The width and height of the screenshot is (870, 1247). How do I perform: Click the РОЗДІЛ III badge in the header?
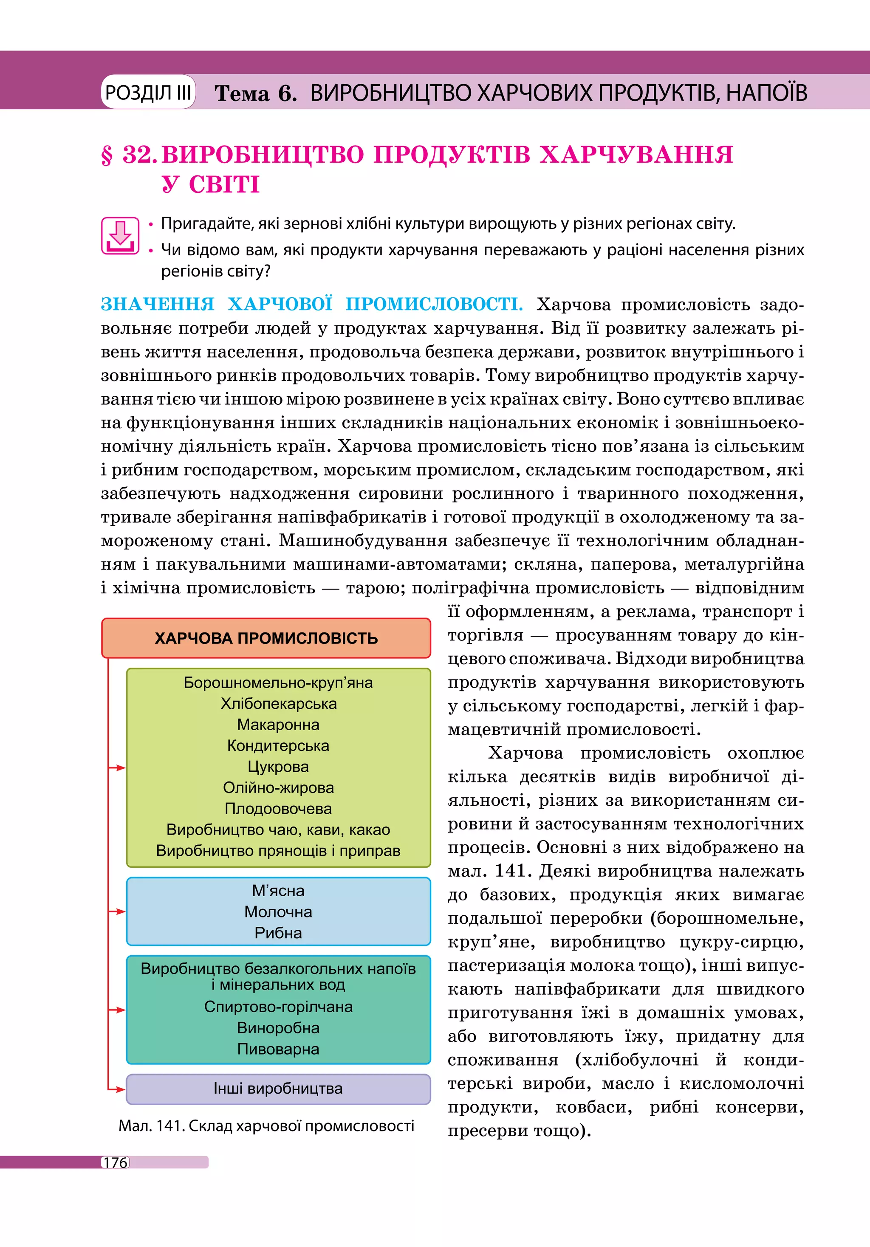coord(148,92)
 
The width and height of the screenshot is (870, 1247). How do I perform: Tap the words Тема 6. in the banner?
coord(255,93)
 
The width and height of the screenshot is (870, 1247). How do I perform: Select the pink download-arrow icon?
coord(120,236)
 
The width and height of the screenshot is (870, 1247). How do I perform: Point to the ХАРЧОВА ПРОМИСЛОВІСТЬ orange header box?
coord(266,638)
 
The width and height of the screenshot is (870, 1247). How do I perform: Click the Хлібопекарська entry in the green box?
coord(278,704)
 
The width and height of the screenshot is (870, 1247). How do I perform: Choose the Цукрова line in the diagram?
coord(278,767)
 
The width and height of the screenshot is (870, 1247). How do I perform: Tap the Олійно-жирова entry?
coord(278,787)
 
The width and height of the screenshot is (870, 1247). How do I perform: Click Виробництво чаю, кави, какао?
coord(278,829)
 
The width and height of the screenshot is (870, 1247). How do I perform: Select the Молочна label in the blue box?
coord(278,911)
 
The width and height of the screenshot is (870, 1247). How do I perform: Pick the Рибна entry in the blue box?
coord(278,933)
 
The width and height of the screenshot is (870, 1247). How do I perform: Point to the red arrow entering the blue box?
coord(117,911)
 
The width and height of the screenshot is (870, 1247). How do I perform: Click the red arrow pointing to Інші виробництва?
coord(117,1089)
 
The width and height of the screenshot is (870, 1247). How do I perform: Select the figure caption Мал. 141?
coord(266,1126)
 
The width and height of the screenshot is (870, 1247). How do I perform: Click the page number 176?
coord(116,1162)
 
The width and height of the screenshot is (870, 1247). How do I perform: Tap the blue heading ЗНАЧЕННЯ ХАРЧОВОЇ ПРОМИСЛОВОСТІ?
coord(312,304)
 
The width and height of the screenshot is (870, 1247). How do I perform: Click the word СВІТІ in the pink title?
coord(224,185)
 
